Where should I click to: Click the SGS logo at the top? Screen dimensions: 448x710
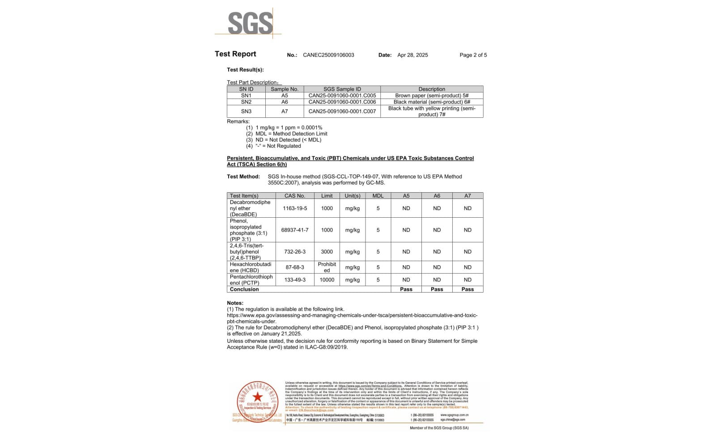pyautogui.click(x=250, y=23)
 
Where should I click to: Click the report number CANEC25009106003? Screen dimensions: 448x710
pyautogui.click(x=328, y=55)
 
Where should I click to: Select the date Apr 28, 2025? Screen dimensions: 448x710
pyautogui.click(x=412, y=55)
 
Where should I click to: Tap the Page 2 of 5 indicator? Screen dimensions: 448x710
pyautogui.click(x=473, y=55)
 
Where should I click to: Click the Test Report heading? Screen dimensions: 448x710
pyautogui.click(x=235, y=54)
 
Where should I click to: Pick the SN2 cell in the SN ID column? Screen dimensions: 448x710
pyautogui.click(x=246, y=102)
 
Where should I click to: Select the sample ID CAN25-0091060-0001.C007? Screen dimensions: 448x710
pyautogui.click(x=342, y=112)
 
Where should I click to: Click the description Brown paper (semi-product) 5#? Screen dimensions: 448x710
pyautogui.click(x=432, y=96)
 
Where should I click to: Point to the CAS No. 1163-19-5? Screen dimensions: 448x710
pyautogui.click(x=295, y=209)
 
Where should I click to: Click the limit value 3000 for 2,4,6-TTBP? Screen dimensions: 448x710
pyautogui.click(x=327, y=252)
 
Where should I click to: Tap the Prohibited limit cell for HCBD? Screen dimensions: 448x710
pyautogui.click(x=327, y=267)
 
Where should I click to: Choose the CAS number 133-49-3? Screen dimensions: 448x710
pyautogui.click(x=295, y=280)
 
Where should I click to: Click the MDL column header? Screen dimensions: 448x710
pyautogui.click(x=378, y=196)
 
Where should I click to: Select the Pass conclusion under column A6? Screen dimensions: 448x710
pyautogui.click(x=437, y=289)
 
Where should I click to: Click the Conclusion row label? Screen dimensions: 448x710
pyautogui.click(x=244, y=289)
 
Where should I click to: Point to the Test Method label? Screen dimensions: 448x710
pyautogui.click(x=243, y=177)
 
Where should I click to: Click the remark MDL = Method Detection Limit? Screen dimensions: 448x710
pyautogui.click(x=291, y=134)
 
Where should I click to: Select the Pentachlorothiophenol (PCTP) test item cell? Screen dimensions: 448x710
pyautogui.click(x=251, y=280)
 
